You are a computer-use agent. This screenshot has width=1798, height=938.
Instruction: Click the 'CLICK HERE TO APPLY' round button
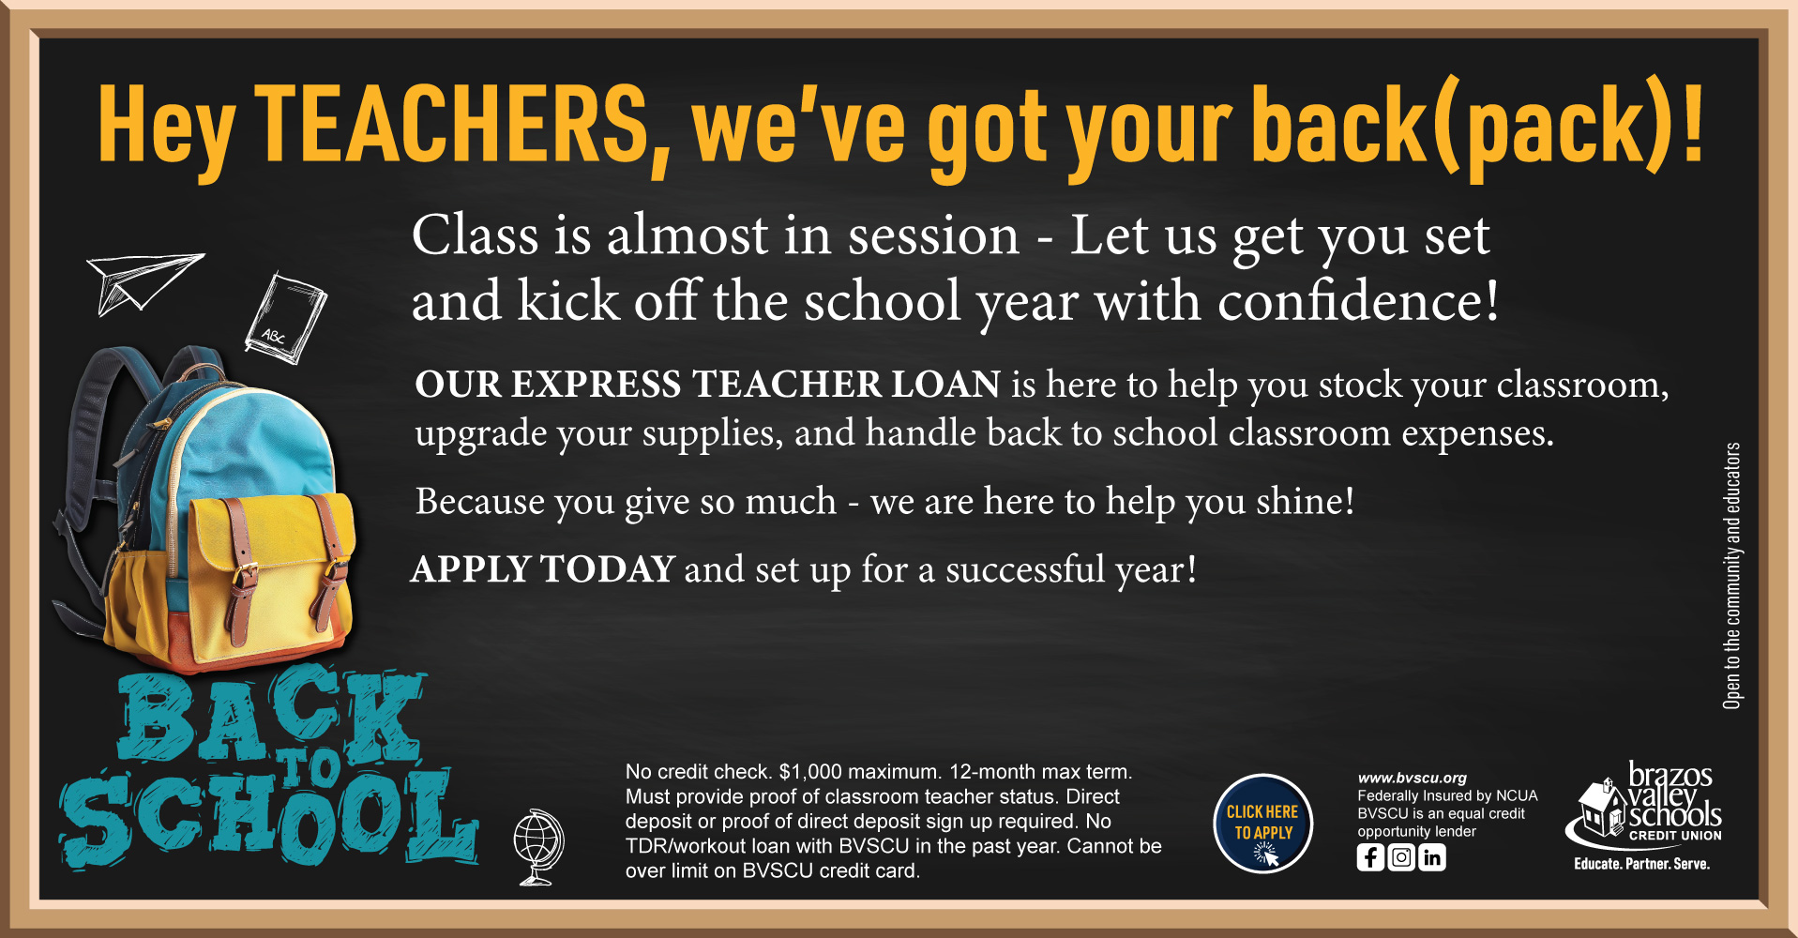click(1262, 824)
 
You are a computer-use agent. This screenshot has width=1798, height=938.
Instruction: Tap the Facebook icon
click(1370, 857)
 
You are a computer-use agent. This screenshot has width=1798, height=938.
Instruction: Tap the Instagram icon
click(1401, 857)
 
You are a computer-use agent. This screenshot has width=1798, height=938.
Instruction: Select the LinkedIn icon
click(1432, 857)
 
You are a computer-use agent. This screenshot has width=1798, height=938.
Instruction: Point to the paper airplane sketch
click(144, 281)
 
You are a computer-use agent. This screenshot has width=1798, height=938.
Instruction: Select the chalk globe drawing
click(538, 848)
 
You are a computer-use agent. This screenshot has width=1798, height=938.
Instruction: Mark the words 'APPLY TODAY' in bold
click(543, 569)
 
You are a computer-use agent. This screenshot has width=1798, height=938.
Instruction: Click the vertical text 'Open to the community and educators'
click(1731, 575)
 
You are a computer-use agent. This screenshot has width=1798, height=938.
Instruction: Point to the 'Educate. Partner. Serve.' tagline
click(1641, 864)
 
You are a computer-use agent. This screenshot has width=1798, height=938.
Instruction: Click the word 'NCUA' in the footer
click(1517, 795)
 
